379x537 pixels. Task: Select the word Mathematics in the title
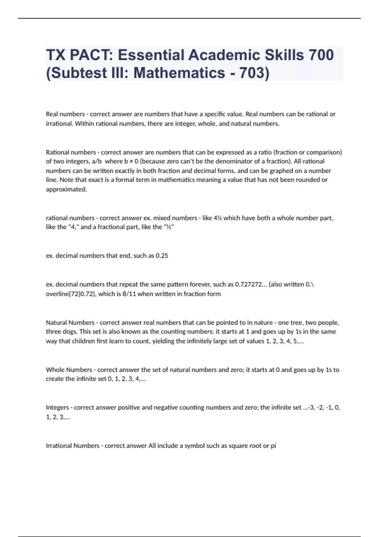coord(179,73)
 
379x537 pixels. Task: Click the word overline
coord(57,294)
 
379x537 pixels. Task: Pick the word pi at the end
coord(273,446)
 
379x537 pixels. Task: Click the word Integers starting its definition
coord(57,407)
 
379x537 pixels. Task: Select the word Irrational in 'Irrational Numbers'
coord(58,446)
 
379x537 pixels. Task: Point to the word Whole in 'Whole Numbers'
coord(55,370)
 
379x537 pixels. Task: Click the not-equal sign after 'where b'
coord(131,161)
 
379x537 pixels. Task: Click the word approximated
coord(66,190)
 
